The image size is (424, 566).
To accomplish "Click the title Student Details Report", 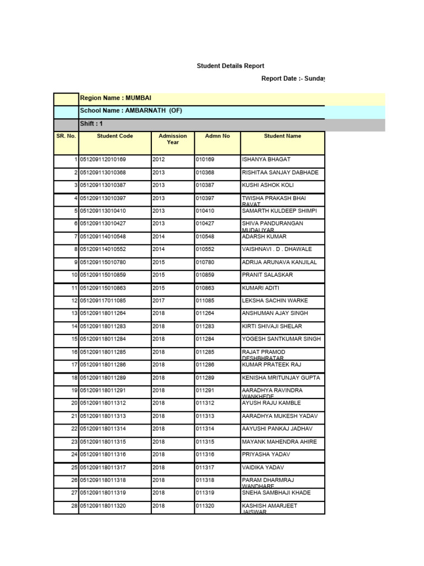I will click(x=230, y=66).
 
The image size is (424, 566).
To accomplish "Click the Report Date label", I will click(x=292, y=78).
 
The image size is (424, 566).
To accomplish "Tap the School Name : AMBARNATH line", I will click(x=131, y=111).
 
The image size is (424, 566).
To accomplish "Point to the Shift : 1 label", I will click(x=92, y=124).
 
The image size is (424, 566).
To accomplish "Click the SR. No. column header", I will click(x=66, y=136).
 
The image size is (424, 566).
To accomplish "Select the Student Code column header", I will click(x=115, y=136).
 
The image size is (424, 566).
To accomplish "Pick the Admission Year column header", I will click(x=173, y=139).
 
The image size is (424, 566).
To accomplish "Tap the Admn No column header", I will click(x=217, y=136).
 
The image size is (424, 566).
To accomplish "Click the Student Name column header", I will click(x=282, y=136).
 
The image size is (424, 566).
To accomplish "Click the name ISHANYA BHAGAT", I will click(x=266, y=160).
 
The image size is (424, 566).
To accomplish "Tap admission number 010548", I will click(x=205, y=237).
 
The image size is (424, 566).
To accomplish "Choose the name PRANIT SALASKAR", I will click(x=267, y=275).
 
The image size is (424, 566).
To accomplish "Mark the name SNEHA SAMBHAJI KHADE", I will click(x=276, y=492).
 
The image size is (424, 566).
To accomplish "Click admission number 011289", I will click(x=205, y=378).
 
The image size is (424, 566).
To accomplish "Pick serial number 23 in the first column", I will click(x=73, y=442).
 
